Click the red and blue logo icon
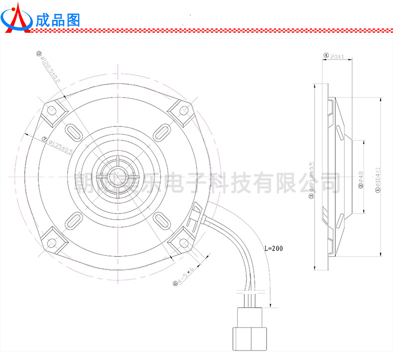pyautogui.click(x=17, y=19)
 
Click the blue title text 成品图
pyautogui.click(x=58, y=20)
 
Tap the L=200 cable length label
pyautogui.click(x=273, y=248)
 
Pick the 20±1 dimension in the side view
pyautogui.click(x=337, y=57)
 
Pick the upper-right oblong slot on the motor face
pyautogui.click(x=161, y=132)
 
